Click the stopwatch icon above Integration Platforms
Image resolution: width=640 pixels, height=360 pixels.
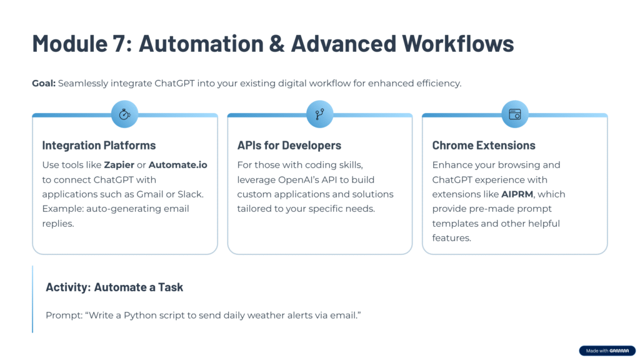124,114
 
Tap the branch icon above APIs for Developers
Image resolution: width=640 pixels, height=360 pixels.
319,114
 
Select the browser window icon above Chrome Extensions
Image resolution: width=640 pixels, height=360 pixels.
515,114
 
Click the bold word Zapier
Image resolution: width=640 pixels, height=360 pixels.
119,165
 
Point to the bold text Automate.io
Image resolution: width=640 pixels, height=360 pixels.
178,165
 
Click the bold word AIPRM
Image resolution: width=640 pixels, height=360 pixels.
517,194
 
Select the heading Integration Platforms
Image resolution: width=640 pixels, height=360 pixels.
99,145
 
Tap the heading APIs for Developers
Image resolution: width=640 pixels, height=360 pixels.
289,145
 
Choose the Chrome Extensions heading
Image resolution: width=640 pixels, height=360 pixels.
484,145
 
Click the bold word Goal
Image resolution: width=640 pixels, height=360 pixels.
44,83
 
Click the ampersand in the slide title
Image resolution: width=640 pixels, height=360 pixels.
277,43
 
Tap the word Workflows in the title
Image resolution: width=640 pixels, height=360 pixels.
457,43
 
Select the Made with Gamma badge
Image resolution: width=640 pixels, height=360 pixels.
607,351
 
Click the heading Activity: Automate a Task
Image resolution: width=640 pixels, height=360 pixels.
114,287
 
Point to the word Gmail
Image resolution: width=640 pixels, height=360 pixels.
150,194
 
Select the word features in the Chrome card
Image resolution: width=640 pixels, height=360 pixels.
451,238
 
